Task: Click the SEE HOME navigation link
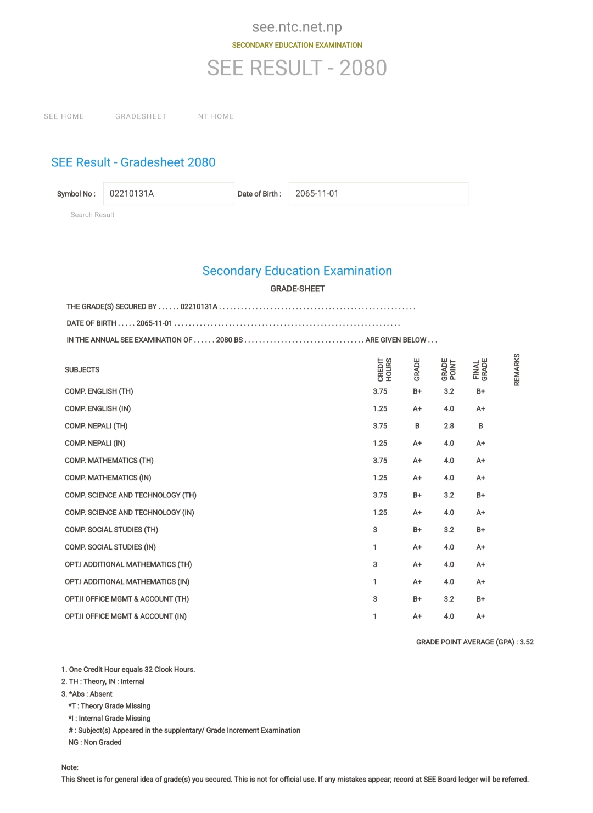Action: coord(64,116)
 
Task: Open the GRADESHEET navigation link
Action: coord(141,116)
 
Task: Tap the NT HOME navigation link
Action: coord(216,116)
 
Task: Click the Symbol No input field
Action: coord(169,194)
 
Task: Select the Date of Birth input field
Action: coord(378,194)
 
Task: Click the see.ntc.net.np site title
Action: coord(297,27)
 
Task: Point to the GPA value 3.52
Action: coord(527,642)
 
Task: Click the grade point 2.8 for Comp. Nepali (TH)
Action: coord(449,426)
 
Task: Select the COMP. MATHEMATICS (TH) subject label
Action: coord(109,461)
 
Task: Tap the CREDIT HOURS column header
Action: coord(384,369)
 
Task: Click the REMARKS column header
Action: coord(517,369)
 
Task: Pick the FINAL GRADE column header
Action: coord(480,369)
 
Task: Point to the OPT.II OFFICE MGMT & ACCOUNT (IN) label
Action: coord(126,616)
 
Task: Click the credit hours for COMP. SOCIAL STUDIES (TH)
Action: coord(375,530)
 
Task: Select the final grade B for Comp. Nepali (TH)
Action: coord(480,426)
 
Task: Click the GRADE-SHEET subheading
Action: coord(297,289)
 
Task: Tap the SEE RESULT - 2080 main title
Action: coord(297,68)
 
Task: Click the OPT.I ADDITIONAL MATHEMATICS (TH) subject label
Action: coord(128,564)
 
